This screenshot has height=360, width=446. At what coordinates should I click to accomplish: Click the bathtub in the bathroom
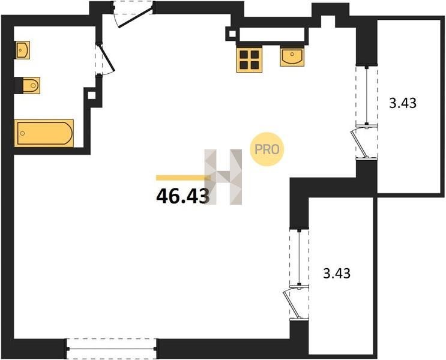[44, 133]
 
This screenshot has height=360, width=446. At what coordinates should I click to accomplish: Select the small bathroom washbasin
[23, 50]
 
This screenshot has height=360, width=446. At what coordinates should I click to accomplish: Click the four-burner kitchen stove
[249, 60]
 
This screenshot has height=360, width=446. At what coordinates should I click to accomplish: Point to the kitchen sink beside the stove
[292, 56]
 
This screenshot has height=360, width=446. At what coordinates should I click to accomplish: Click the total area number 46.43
[183, 196]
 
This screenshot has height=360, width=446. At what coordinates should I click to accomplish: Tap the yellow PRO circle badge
[267, 149]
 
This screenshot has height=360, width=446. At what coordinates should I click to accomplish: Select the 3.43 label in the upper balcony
[403, 103]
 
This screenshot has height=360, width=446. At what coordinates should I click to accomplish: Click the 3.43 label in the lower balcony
[337, 273]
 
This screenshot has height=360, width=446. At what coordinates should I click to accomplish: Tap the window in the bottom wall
[112, 349]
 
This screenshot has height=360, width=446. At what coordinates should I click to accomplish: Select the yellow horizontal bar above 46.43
[183, 178]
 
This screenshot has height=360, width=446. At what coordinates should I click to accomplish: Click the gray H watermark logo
[223, 177]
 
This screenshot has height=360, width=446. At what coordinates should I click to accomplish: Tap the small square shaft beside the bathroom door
[92, 95]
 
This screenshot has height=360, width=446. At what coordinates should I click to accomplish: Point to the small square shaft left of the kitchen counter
[232, 34]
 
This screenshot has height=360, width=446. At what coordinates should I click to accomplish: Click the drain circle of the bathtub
[23, 133]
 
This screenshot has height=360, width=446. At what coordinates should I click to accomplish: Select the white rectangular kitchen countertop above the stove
[272, 34]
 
